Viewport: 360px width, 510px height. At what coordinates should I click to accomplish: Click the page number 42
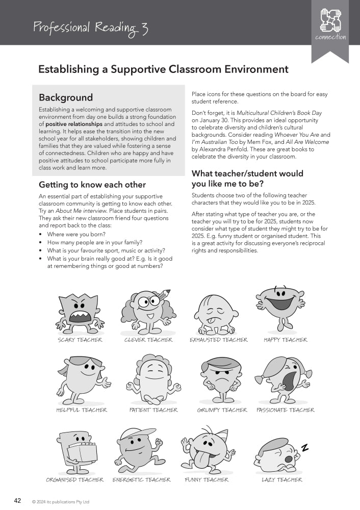pos(17,500)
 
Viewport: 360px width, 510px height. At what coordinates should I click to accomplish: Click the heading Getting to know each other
pos(92,185)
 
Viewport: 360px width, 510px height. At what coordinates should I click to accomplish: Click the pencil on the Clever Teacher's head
pos(163,295)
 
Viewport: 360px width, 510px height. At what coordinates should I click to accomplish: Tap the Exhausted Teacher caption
pos(218,340)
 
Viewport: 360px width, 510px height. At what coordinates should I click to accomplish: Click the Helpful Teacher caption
pos(82,410)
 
